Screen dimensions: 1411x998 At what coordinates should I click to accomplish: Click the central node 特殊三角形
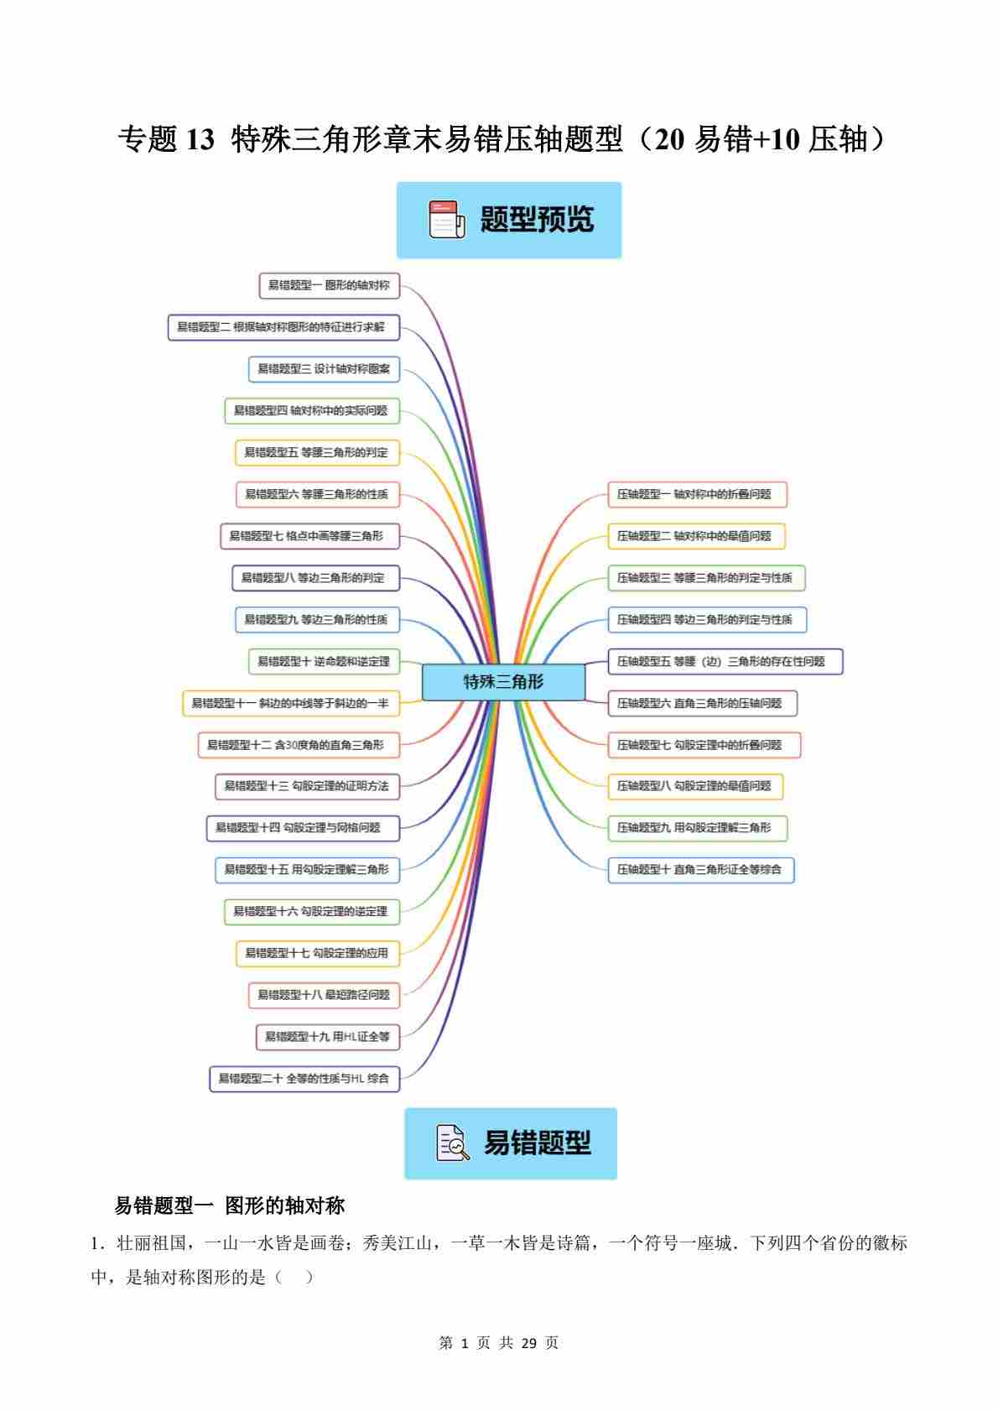(503, 682)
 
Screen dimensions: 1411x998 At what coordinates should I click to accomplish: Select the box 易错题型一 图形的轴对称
(329, 285)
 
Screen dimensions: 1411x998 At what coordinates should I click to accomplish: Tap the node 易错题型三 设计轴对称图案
(324, 368)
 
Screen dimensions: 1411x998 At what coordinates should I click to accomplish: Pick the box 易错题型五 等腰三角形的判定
(316, 452)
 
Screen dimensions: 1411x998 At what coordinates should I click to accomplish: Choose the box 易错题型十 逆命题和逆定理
(324, 661)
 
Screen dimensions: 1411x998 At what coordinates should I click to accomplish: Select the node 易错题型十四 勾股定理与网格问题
(303, 827)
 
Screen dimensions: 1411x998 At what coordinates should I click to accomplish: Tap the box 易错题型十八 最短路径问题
(324, 994)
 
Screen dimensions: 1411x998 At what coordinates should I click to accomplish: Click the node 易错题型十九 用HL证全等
(327, 1036)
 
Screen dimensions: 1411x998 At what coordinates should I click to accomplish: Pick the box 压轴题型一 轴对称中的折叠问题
(697, 494)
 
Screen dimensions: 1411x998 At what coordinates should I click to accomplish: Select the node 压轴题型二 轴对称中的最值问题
(696, 536)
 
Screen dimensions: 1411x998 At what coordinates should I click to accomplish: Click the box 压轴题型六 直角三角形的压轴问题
(702, 703)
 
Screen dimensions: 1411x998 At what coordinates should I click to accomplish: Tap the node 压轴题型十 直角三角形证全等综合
(700, 869)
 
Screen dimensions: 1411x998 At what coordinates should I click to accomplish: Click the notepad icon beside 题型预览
(446, 220)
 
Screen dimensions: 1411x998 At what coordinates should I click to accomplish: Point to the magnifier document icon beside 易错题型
(453, 1143)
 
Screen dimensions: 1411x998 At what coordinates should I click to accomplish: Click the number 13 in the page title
(200, 140)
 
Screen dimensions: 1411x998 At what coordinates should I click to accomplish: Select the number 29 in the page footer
(528, 1342)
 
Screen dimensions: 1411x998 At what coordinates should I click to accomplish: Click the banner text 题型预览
(537, 220)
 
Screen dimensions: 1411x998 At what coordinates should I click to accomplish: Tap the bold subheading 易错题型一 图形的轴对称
(230, 1205)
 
